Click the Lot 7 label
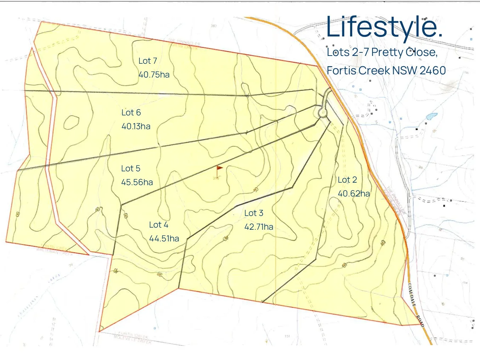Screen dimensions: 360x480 [148, 61]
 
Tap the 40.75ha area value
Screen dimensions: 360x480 [154, 75]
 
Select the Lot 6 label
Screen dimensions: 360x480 [131, 113]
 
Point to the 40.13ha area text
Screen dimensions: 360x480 [136, 126]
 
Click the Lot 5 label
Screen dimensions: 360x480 [131, 168]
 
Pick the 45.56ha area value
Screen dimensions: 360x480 [137, 182]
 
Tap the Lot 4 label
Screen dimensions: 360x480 [159, 225]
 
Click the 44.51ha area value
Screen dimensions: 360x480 [164, 239]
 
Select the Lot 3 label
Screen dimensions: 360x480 [254, 213]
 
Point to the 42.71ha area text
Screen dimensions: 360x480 [259, 227]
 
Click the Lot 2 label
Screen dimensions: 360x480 [347, 180]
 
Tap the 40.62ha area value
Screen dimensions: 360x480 [354, 194]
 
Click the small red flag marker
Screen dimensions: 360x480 [219, 168]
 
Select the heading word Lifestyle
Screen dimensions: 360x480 [384, 27]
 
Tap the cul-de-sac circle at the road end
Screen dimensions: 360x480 [322, 113]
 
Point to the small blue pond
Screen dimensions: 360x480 [432, 116]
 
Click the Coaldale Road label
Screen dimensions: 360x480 [416, 304]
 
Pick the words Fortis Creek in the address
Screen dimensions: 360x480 [358, 70]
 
